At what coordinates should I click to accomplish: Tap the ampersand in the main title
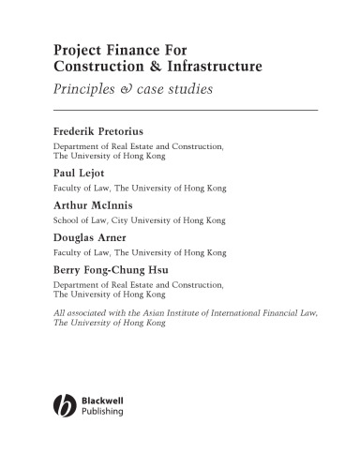coord(163,68)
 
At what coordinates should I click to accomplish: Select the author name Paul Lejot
coord(79,174)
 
